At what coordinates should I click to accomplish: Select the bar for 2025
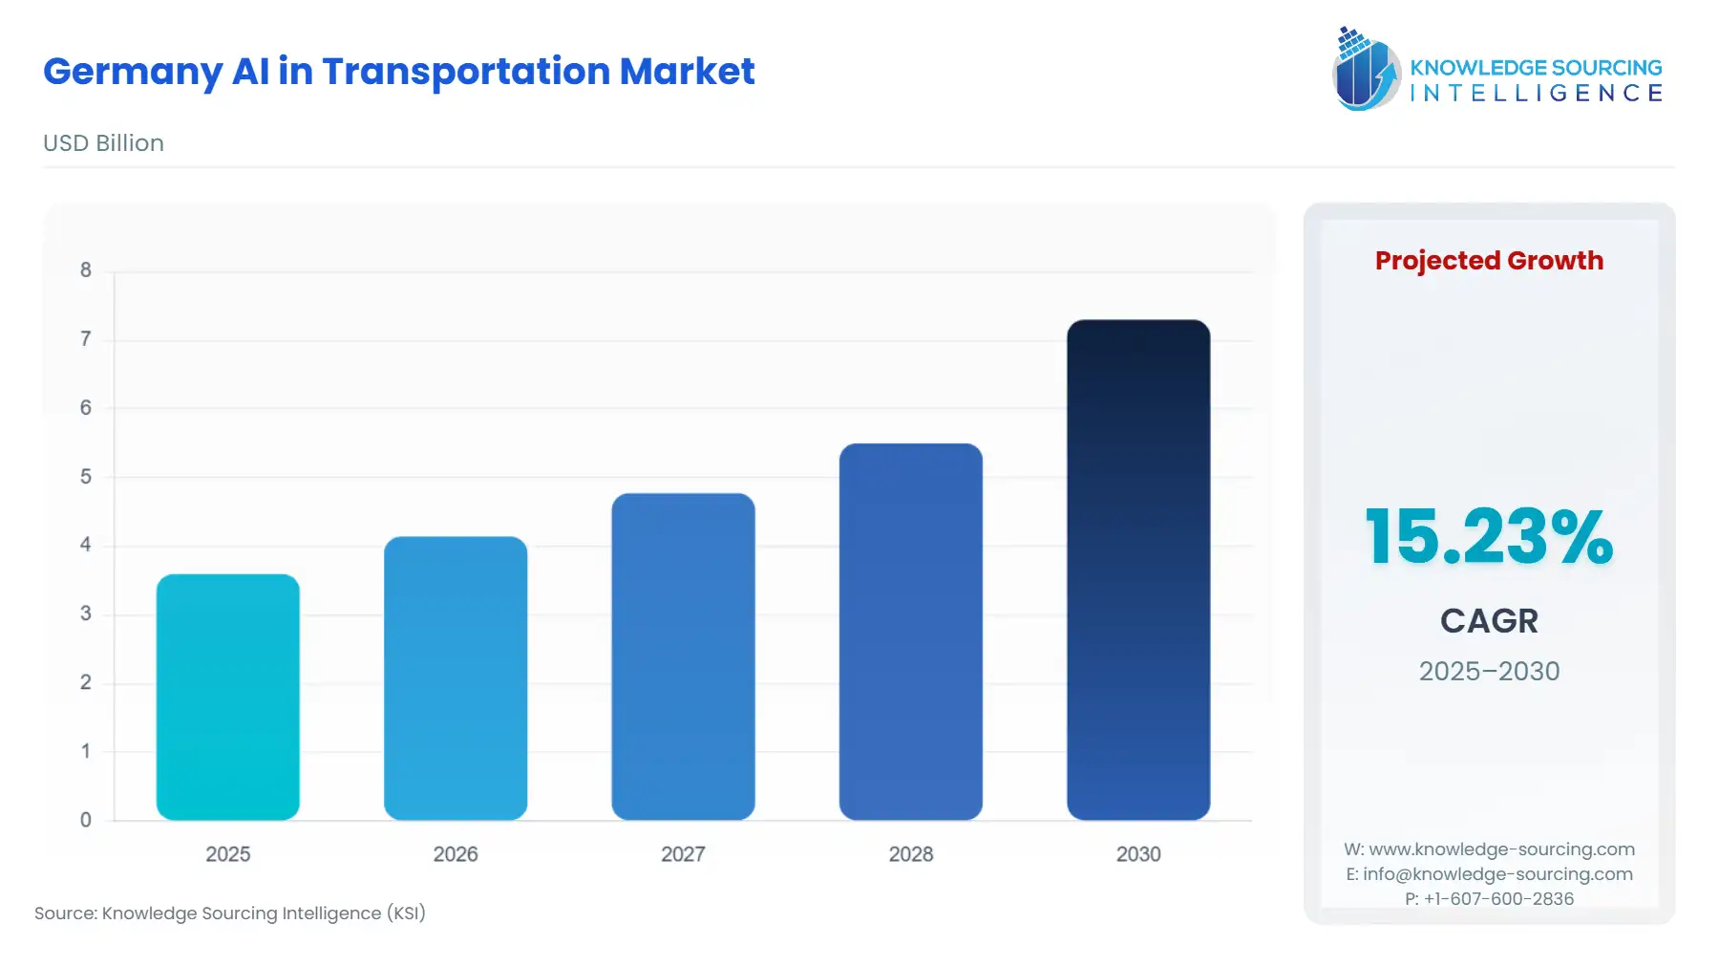point(227,697)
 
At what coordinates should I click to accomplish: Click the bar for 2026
point(456,677)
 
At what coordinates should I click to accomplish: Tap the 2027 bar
point(683,656)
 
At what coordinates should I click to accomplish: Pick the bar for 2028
point(910,632)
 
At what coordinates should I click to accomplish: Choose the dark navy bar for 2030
point(1138,569)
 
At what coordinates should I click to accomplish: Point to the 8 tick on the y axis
point(86,270)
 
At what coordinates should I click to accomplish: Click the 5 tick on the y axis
point(86,477)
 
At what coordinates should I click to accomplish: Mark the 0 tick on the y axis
point(86,820)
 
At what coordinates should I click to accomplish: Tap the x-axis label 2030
point(1138,854)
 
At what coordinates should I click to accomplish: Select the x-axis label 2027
point(683,854)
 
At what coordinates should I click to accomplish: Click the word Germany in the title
point(132,73)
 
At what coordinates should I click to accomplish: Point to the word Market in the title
point(687,72)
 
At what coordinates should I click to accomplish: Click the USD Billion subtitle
point(103,143)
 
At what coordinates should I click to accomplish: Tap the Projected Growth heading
point(1489,261)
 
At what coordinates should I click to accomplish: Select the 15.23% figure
point(1489,537)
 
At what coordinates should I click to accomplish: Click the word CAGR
point(1489,621)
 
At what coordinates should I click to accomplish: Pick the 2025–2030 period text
point(1489,672)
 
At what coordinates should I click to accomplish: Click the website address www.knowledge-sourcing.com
point(1501,849)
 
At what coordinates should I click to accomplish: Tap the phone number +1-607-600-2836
point(1498,899)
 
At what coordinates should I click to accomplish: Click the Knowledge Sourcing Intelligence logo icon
point(1365,69)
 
